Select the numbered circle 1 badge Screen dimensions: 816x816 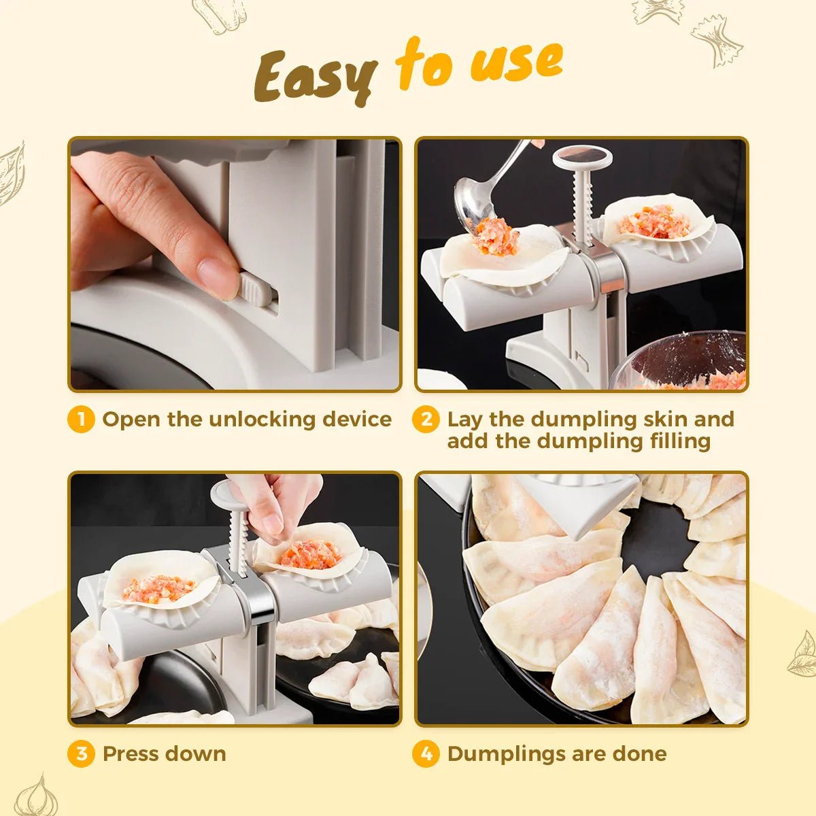[81, 420]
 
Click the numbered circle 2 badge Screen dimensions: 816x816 [426, 420]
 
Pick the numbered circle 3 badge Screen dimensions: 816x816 [81, 754]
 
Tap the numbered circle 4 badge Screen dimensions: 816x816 [426, 754]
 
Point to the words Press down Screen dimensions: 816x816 [164, 754]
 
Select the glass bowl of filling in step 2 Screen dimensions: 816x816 [680, 360]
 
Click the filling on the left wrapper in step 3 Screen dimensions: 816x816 [157, 588]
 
